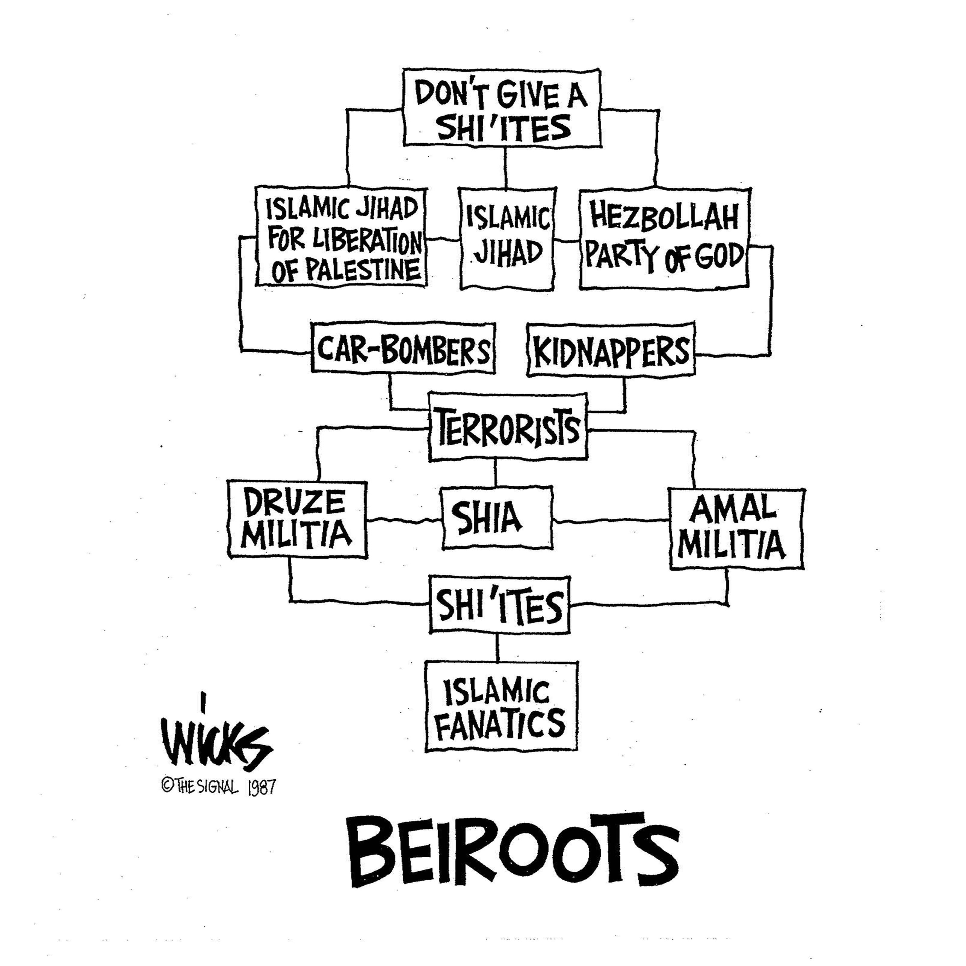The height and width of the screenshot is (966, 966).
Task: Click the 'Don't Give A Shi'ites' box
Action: tap(501, 107)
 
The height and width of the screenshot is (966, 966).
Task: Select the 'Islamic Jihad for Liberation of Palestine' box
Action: tap(341, 238)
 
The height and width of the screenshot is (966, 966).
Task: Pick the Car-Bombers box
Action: tap(403, 348)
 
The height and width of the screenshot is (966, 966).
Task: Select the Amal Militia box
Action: tap(736, 529)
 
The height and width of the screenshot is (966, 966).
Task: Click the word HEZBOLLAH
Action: tap(664, 217)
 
